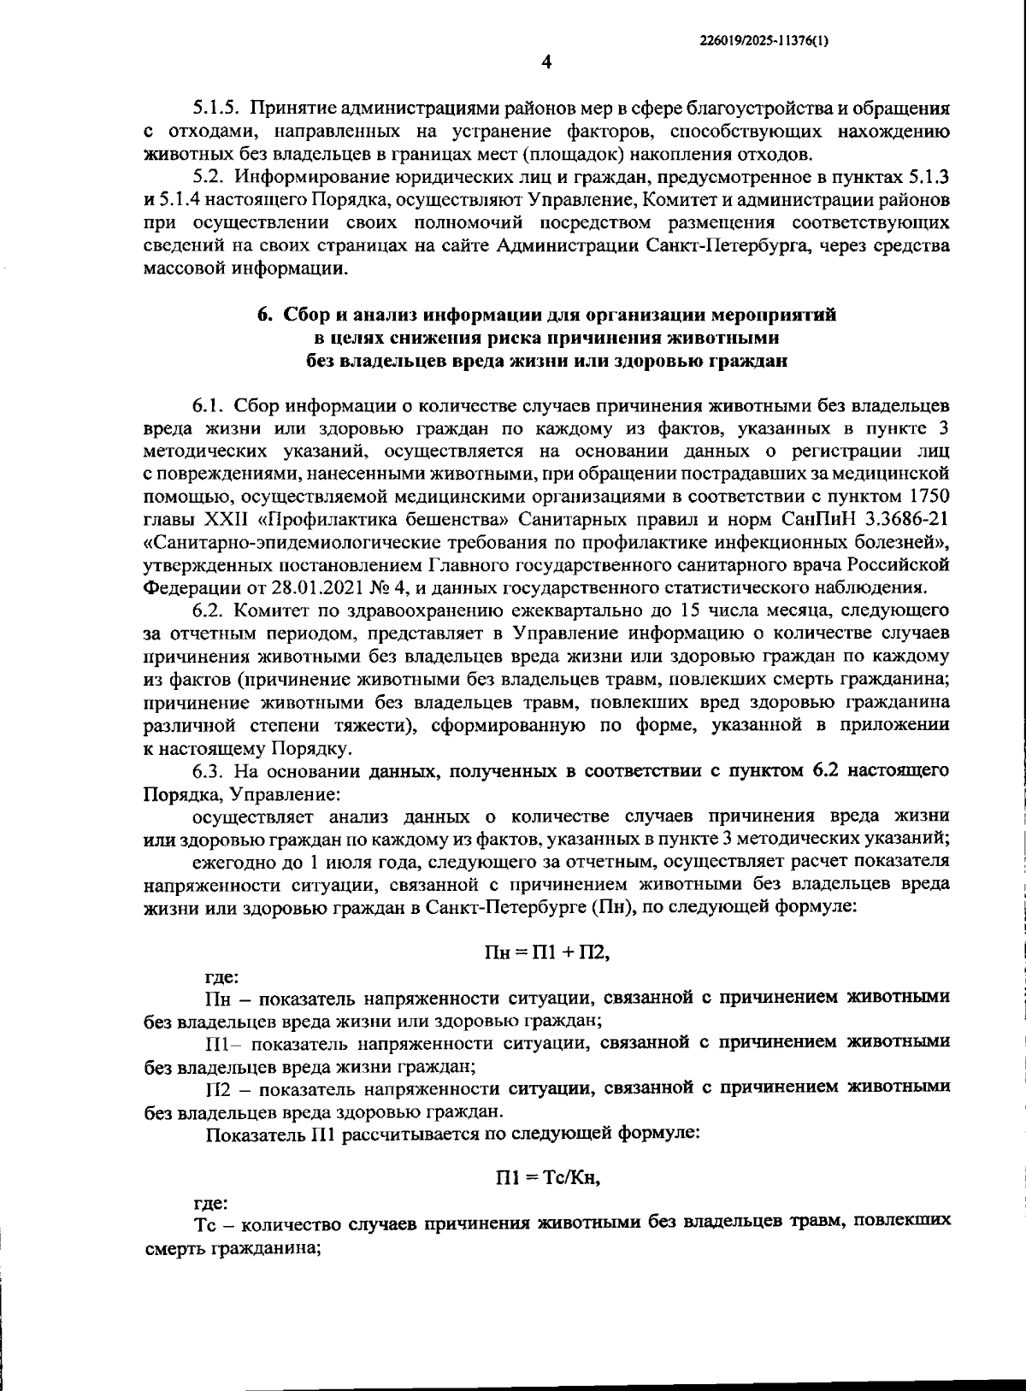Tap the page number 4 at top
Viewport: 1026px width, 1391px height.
pos(547,62)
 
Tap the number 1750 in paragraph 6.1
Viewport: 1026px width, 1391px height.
pos(929,497)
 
